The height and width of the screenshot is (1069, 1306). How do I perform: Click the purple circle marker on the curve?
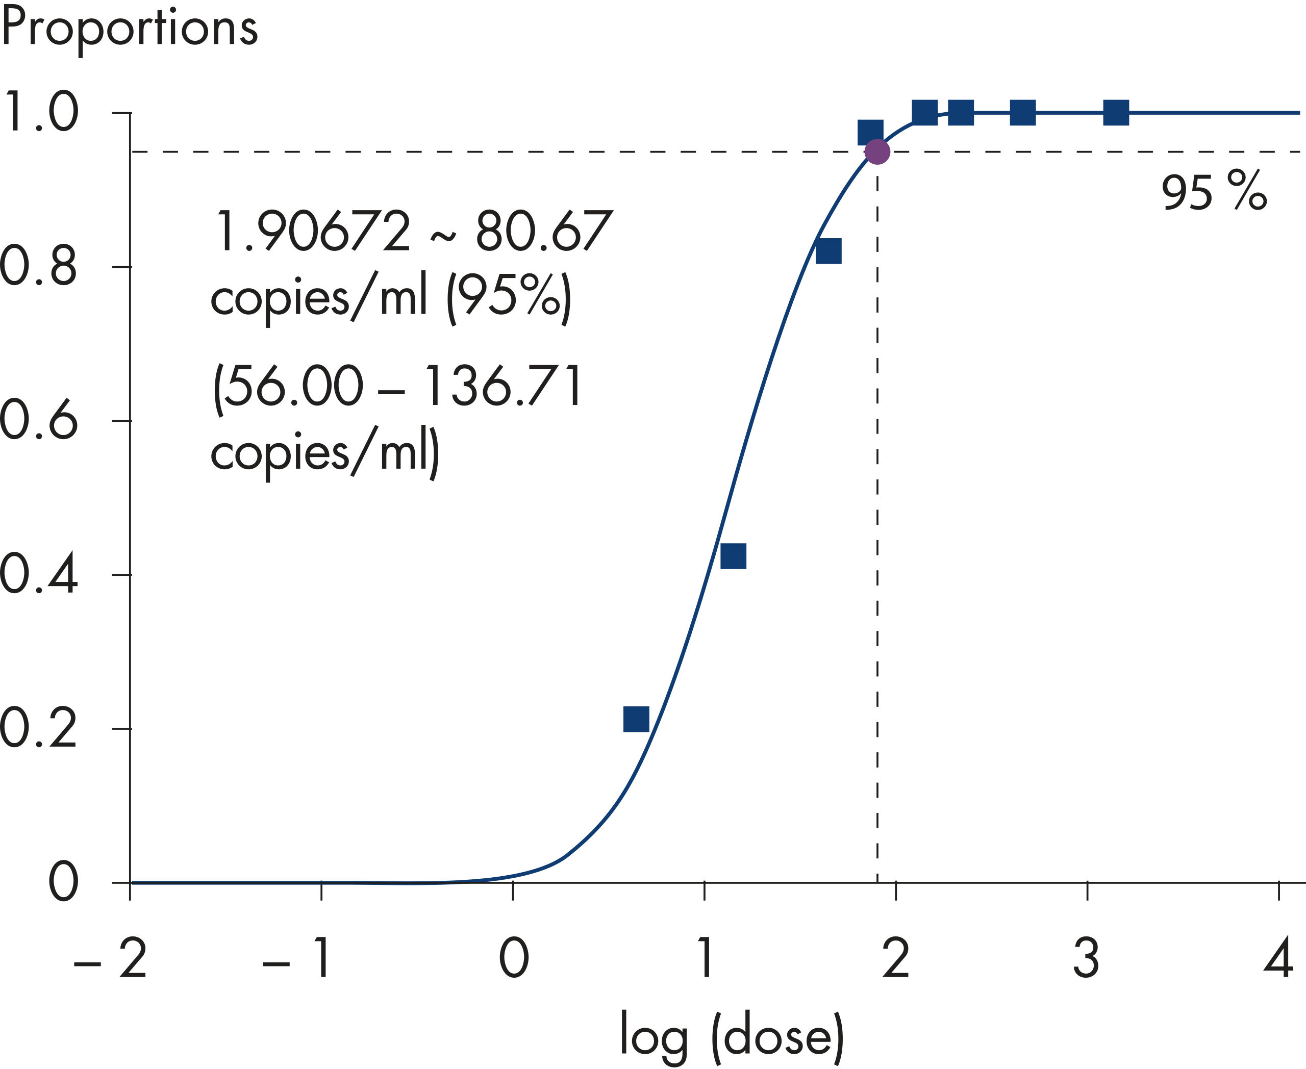click(x=876, y=151)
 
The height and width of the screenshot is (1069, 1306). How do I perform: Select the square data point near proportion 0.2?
click(x=636, y=719)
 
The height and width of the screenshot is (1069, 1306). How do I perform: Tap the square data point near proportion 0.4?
click(x=733, y=556)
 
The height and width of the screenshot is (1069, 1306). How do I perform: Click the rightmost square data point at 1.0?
click(x=1116, y=113)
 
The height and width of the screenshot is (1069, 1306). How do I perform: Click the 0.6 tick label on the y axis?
click(x=38, y=421)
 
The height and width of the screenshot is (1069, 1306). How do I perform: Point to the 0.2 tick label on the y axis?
click(x=38, y=729)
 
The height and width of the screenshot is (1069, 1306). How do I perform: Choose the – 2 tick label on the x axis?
click(x=111, y=958)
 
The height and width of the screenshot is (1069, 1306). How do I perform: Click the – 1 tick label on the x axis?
click(x=297, y=958)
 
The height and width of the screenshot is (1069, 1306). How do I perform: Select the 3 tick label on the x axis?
click(x=1087, y=958)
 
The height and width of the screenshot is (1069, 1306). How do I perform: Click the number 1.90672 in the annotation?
click(x=312, y=232)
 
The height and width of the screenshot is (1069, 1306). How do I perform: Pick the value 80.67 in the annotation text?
click(x=544, y=232)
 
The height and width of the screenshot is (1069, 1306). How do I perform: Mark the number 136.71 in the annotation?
click(x=504, y=386)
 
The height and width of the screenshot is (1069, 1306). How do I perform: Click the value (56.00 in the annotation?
click(x=288, y=386)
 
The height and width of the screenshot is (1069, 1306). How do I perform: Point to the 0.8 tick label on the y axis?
click(x=38, y=267)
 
